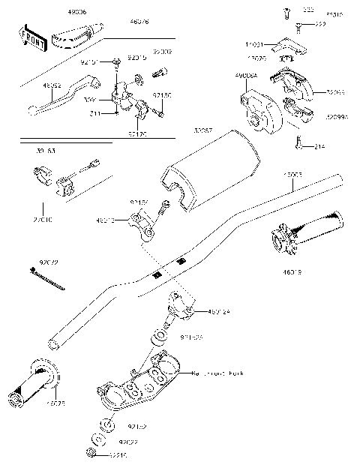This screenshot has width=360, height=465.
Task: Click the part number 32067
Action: point(182,130)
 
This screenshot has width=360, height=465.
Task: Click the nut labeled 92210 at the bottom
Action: point(91,452)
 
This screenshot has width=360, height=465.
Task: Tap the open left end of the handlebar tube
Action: point(53,344)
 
